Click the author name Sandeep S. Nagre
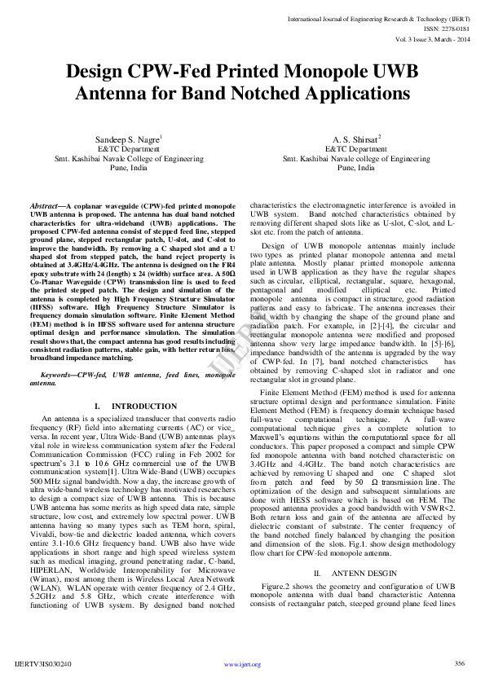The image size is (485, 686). (128, 139)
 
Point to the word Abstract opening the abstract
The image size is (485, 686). (46, 207)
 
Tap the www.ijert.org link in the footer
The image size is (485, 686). (242, 664)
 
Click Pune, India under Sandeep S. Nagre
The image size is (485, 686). (128, 168)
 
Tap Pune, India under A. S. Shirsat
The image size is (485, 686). (357, 168)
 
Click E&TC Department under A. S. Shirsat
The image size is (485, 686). (357, 149)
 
